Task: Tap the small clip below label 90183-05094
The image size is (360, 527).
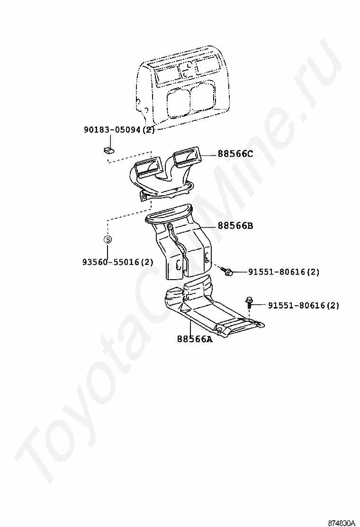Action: [x=108, y=151]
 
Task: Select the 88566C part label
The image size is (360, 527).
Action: [x=235, y=154]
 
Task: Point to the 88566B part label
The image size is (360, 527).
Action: [x=235, y=226]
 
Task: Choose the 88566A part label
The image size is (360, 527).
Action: [x=195, y=339]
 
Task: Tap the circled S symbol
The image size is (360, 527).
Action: [x=108, y=239]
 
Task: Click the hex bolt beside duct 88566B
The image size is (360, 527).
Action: [x=228, y=272]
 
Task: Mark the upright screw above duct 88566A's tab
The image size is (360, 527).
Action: [x=249, y=302]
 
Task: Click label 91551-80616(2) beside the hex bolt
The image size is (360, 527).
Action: [x=284, y=272]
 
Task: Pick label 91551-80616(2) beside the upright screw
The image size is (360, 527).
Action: [x=304, y=306]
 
